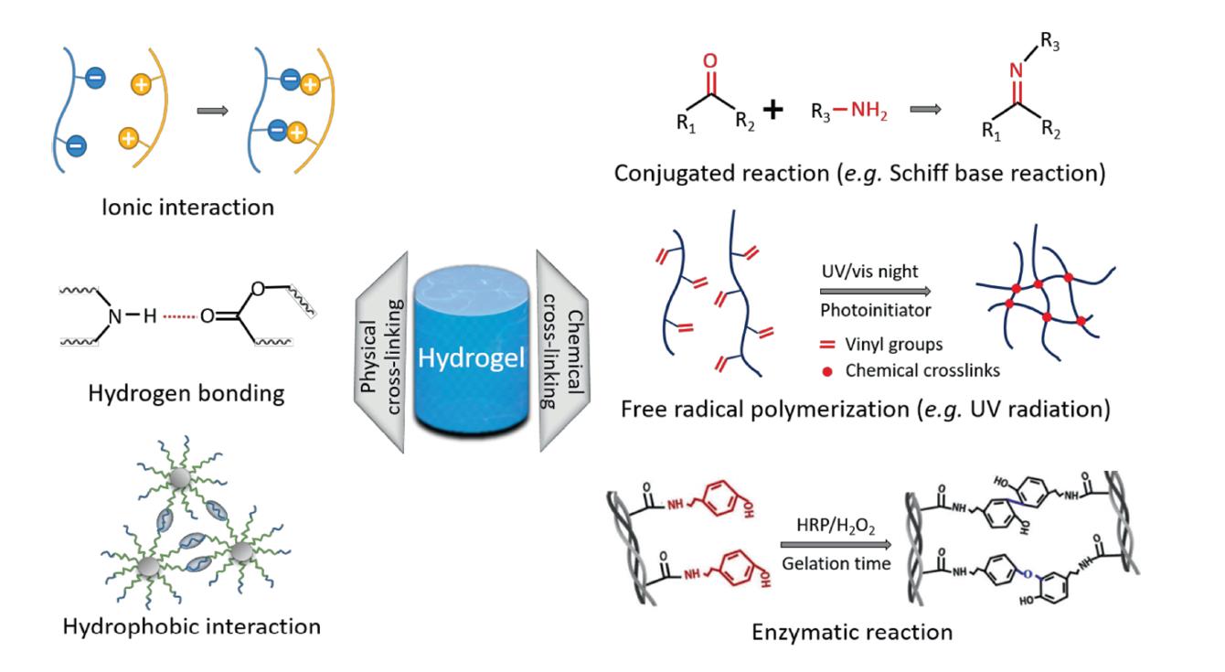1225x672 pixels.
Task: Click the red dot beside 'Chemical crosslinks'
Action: click(827, 370)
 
